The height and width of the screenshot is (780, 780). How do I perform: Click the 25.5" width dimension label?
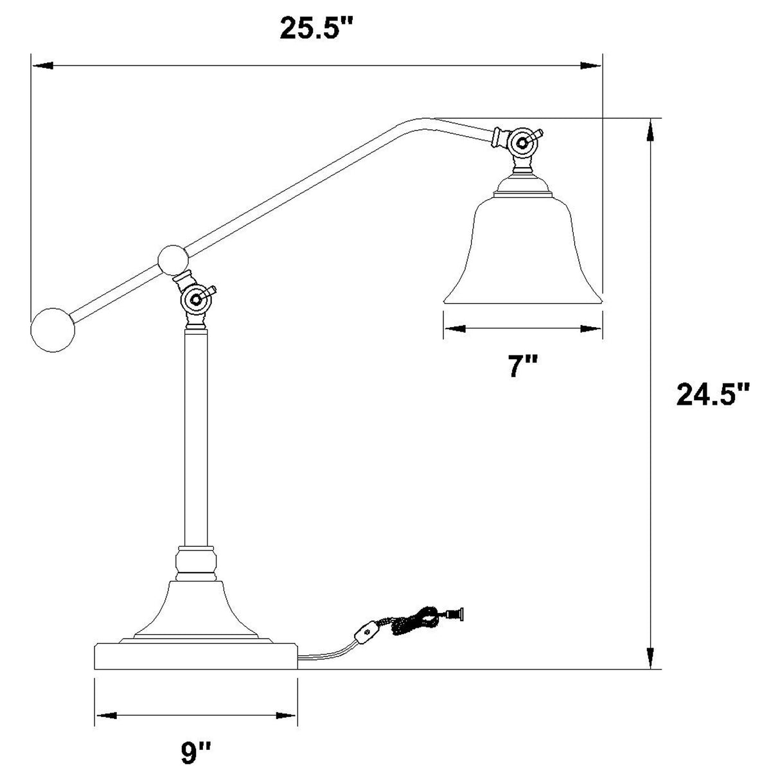pyautogui.click(x=317, y=28)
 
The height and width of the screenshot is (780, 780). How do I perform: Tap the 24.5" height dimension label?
pyautogui.click(x=713, y=394)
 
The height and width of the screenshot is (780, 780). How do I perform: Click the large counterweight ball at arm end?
pyautogui.click(x=53, y=330)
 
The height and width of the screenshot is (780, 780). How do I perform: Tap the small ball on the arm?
pyautogui.click(x=173, y=260)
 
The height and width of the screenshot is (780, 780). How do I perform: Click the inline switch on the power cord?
pyautogui.click(x=367, y=634)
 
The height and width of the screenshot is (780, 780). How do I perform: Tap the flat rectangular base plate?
pyautogui.click(x=196, y=656)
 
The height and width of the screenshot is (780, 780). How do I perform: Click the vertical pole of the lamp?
pyautogui.click(x=196, y=437)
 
